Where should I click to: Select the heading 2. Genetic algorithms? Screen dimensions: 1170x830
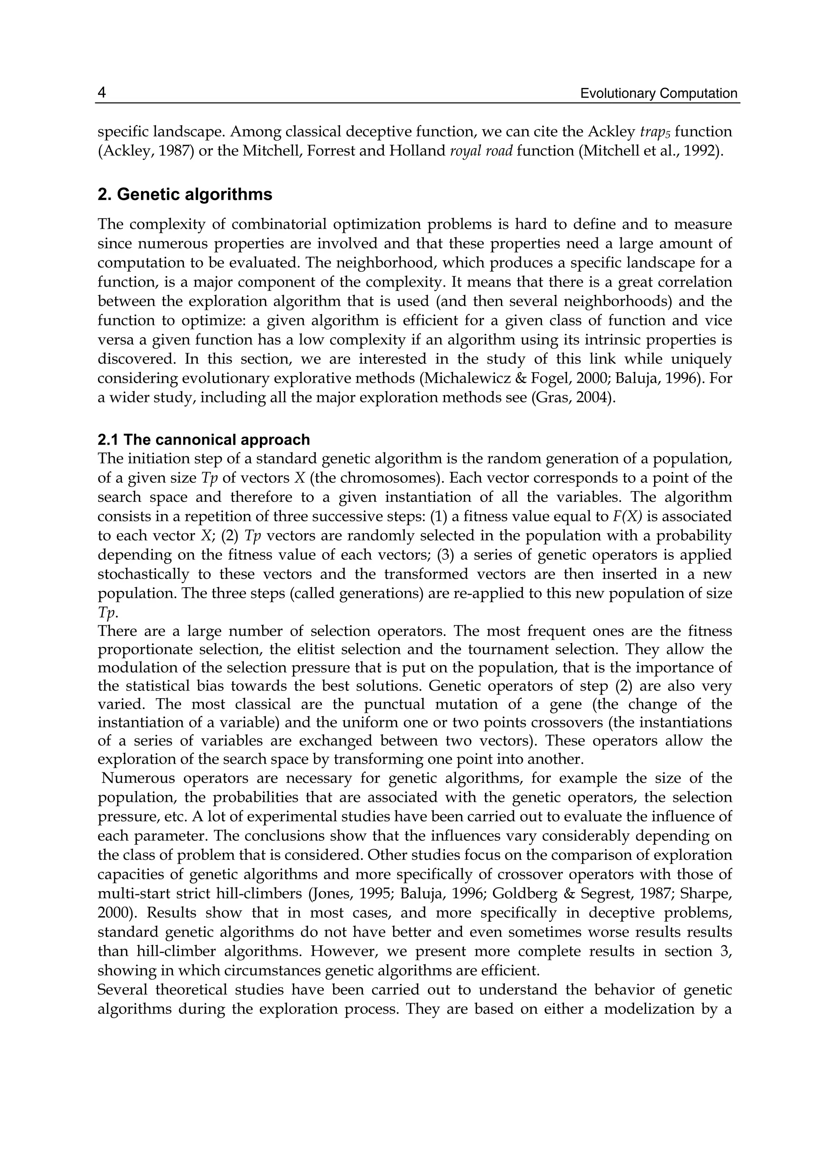coord(185,194)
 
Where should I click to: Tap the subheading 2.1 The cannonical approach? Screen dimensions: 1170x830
coord(203,440)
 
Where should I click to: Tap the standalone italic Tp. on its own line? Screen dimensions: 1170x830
coord(108,612)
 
